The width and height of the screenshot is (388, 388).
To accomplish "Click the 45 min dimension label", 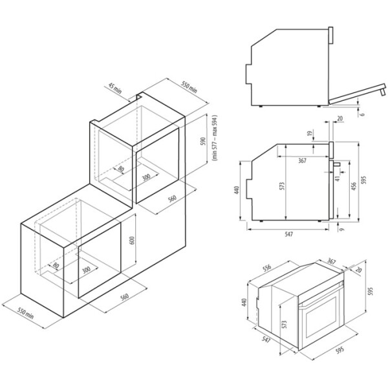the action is tap(115, 89).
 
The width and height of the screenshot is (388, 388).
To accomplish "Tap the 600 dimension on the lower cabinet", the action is tap(132, 241).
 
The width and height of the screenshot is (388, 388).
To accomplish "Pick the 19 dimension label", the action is tap(309, 134).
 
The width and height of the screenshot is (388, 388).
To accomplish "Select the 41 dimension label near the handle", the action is tap(338, 178).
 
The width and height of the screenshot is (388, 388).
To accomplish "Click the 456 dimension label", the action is tap(354, 187).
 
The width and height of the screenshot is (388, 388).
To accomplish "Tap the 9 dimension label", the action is tap(341, 230).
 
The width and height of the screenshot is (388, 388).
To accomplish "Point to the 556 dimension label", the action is tap(267, 268).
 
